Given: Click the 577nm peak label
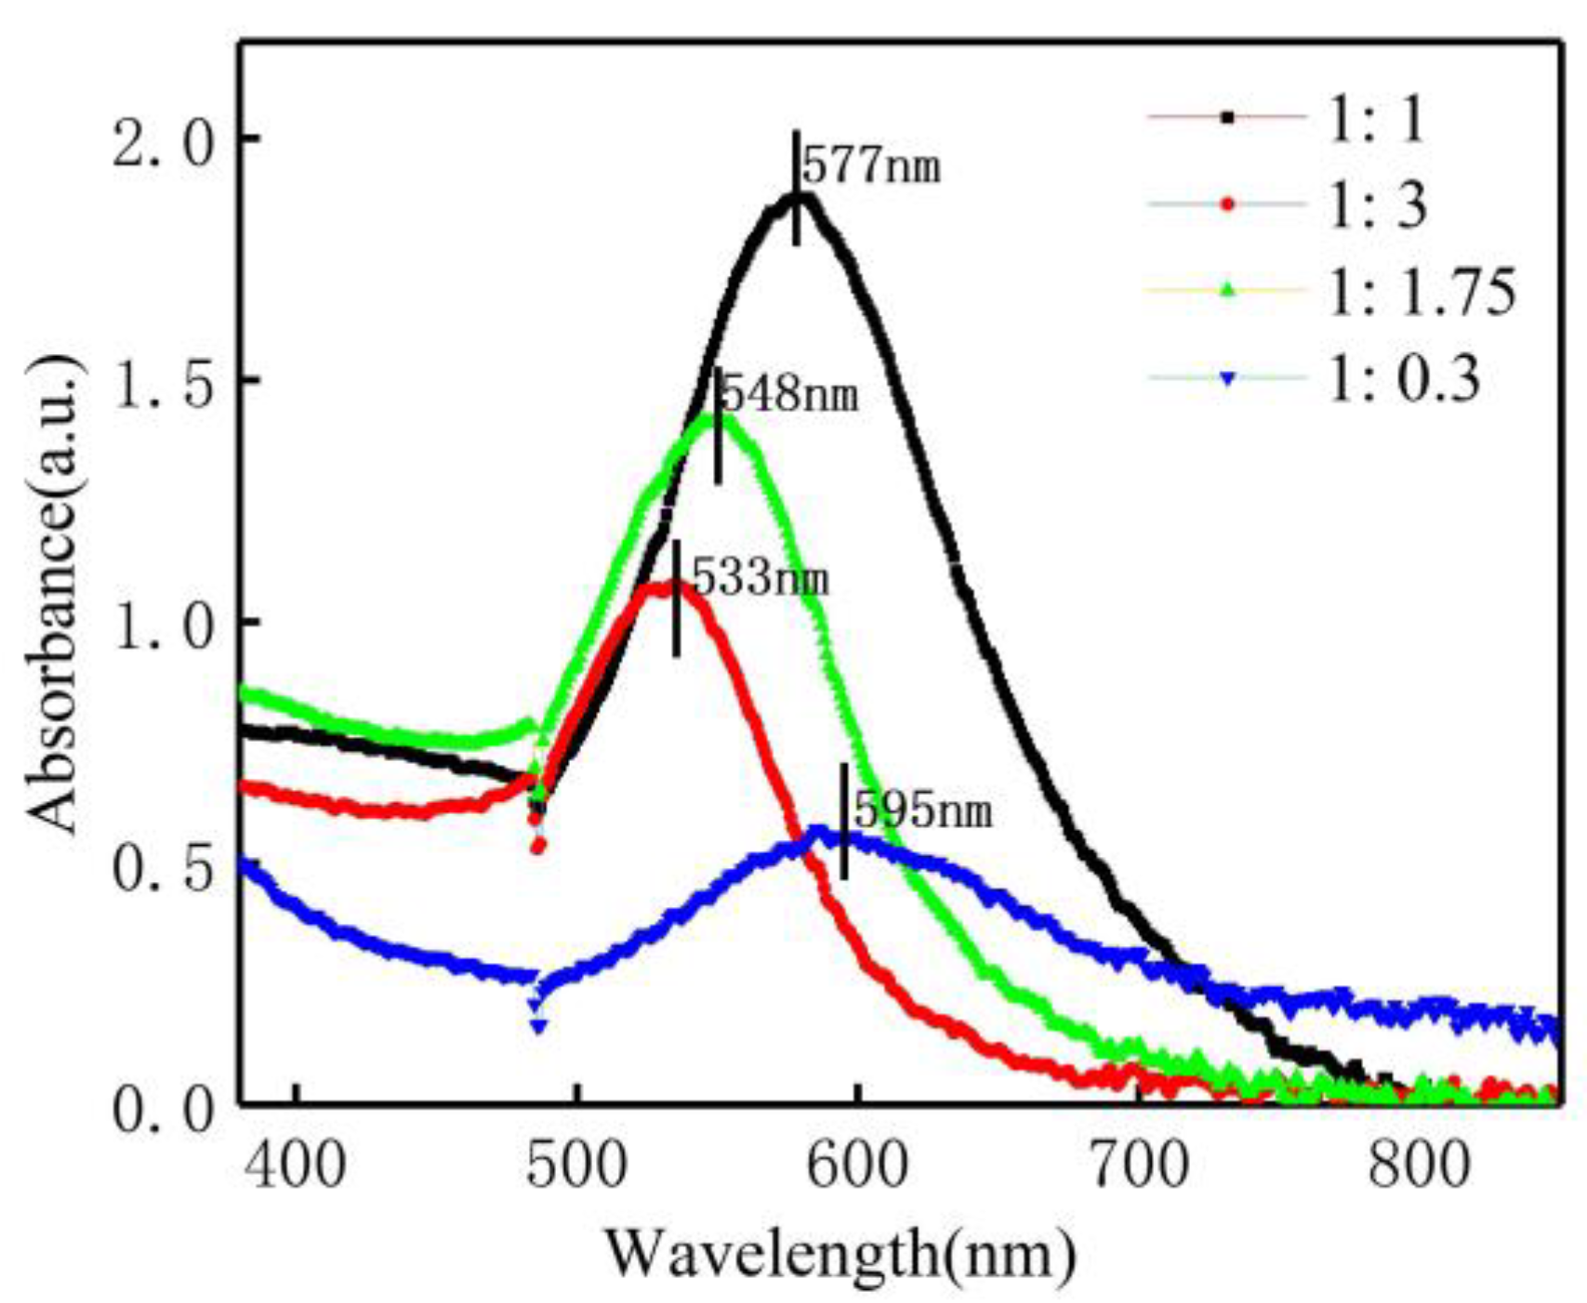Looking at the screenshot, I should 870,167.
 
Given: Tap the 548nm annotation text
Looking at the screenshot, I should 789,396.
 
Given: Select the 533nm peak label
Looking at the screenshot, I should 760,580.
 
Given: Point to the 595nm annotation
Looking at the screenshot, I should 922,810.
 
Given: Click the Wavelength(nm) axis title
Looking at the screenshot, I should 841,1253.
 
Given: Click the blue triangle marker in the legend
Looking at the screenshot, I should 1226,379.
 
